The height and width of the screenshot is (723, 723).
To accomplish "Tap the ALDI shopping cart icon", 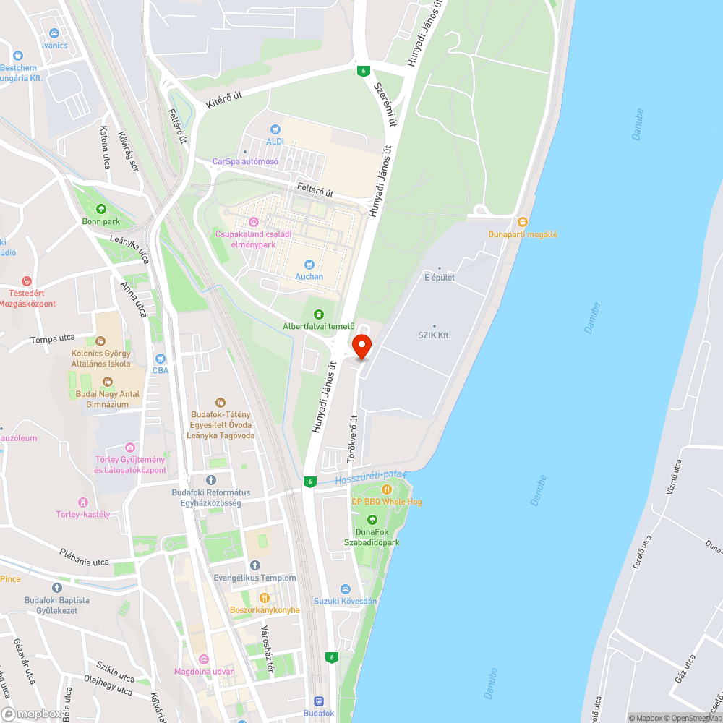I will (x=275, y=128).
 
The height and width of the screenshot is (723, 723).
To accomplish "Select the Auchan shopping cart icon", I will (x=309, y=265).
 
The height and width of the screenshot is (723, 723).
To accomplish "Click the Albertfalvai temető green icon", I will (x=318, y=314).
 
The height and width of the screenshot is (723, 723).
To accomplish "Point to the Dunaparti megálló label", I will (x=523, y=234).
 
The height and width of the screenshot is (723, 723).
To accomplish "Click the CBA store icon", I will (x=161, y=358).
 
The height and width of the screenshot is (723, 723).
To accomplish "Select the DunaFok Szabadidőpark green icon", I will (x=372, y=519).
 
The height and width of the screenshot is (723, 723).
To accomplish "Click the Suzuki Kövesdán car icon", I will (x=345, y=589).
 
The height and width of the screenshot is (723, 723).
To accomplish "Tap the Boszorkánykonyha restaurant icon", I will (x=265, y=598).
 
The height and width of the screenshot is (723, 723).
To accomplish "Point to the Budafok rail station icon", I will (x=318, y=701).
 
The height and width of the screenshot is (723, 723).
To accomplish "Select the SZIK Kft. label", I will (x=434, y=335).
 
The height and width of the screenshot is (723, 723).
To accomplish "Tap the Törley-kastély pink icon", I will (x=82, y=502).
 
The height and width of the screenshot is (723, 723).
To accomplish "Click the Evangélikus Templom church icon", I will (x=254, y=565).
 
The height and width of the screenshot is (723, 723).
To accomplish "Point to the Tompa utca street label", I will (x=53, y=339).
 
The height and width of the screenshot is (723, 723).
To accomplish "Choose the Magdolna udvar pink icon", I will (x=204, y=659).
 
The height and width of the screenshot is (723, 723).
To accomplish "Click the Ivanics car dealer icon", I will (x=54, y=33).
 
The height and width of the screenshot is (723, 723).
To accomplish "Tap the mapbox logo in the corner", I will (x=33, y=713).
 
